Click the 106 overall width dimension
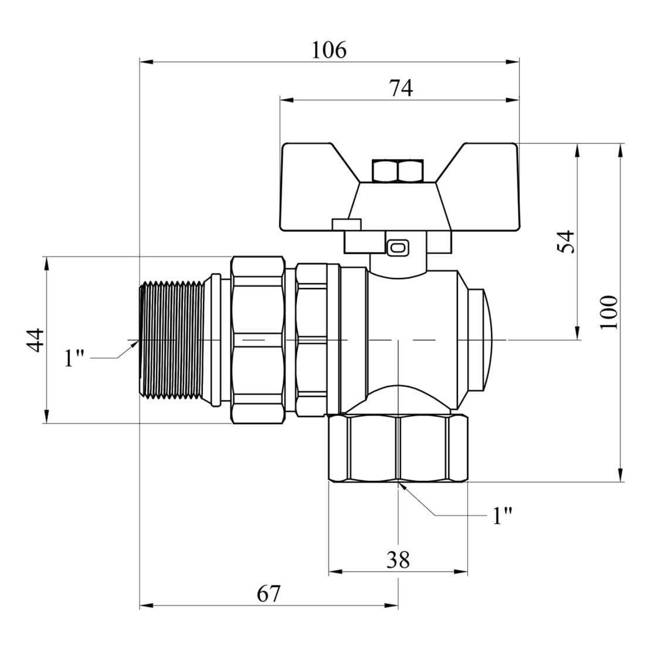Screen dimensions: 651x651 point(328,50)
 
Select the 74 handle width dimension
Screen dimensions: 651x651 point(401,88)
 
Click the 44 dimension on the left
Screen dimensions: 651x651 point(35,340)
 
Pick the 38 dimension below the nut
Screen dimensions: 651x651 point(398,561)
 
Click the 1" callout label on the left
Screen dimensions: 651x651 point(75,358)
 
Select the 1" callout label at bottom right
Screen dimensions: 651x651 point(502,516)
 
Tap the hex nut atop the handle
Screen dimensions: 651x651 point(398,171)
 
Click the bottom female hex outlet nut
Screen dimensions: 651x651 point(398,449)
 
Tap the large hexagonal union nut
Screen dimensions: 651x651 point(258,340)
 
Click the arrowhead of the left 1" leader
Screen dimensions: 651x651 point(132,346)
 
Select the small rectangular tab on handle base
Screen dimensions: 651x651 point(346,224)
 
